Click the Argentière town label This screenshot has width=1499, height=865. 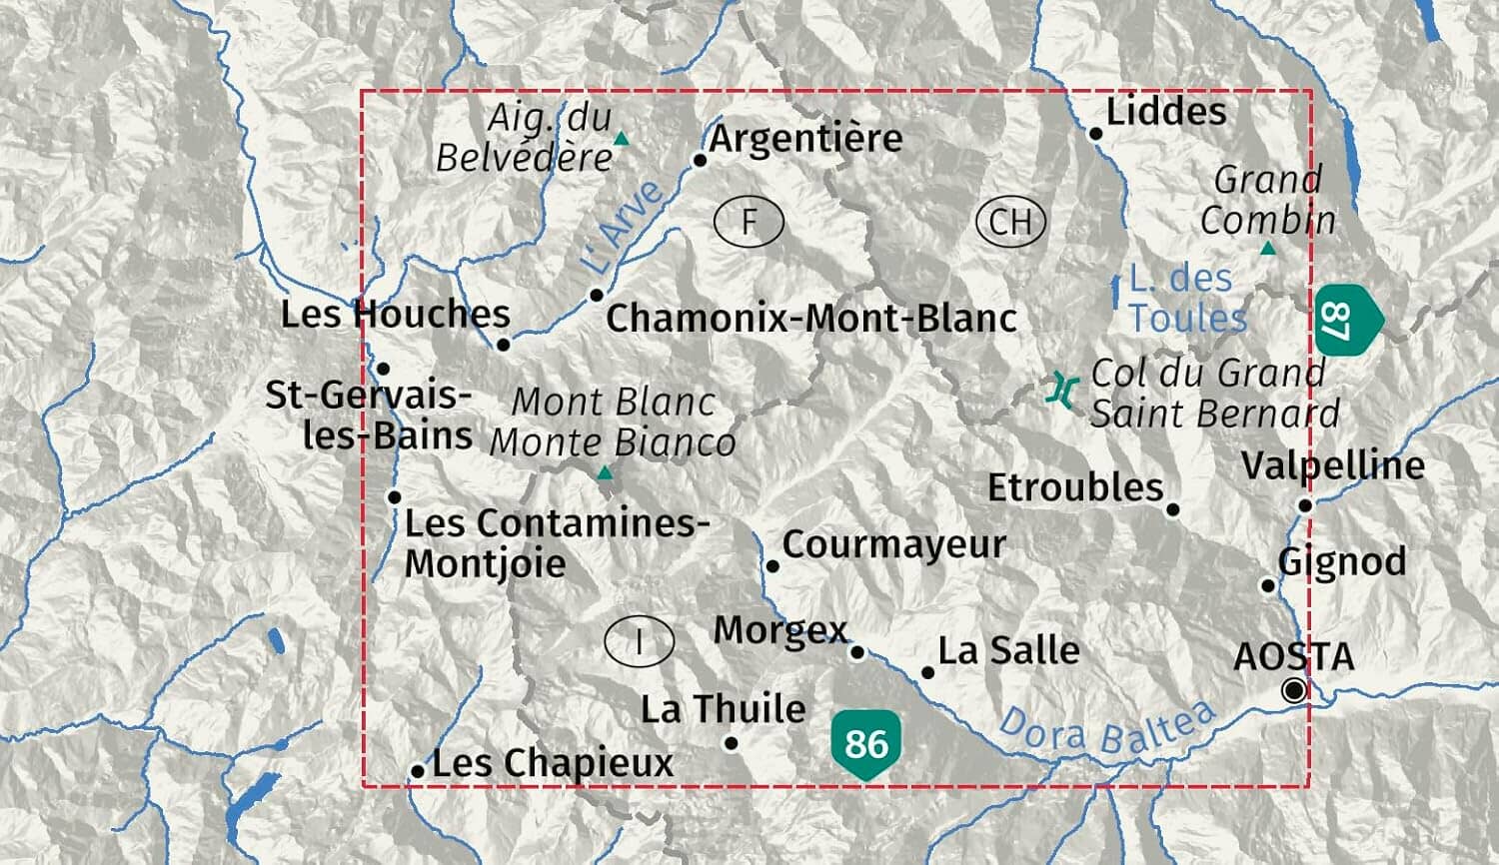[x=805, y=138]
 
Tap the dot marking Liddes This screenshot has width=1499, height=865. [x=1096, y=133]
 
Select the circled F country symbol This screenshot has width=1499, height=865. [x=749, y=221]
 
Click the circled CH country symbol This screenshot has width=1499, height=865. [x=1010, y=221]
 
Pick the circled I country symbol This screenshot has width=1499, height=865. [x=639, y=641]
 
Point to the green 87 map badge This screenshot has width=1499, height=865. [x=1344, y=320]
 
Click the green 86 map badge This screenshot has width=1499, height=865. [x=866, y=743]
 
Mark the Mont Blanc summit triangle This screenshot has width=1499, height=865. [x=605, y=473]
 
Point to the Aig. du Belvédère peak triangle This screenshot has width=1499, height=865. [x=622, y=139]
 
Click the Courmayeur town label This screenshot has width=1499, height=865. [x=893, y=545]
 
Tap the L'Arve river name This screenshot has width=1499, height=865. [x=623, y=227]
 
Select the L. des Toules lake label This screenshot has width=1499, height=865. [x=1186, y=298]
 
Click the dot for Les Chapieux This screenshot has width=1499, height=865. [x=418, y=771]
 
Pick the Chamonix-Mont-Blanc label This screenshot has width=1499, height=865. [x=811, y=319]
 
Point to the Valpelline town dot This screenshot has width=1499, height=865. [x=1305, y=505]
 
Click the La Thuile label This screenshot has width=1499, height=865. [x=723, y=709]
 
